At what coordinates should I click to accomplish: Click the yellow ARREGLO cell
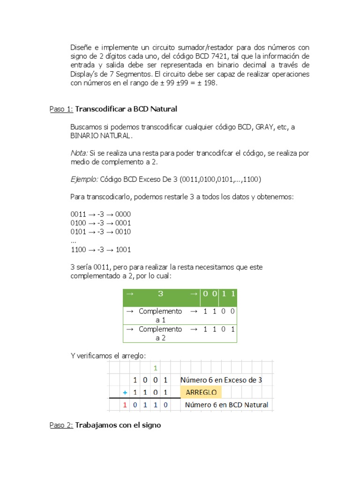(x=201, y=392)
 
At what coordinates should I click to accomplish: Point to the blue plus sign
(x=125, y=392)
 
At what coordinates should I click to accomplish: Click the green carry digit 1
(x=155, y=367)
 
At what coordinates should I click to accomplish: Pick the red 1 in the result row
(x=125, y=405)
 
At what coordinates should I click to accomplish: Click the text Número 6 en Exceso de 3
(x=221, y=380)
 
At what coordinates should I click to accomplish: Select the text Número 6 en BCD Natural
(x=227, y=405)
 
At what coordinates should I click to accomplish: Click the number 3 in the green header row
(x=160, y=294)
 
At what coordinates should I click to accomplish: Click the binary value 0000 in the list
(x=123, y=214)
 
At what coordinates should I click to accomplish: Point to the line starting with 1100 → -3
(x=100, y=249)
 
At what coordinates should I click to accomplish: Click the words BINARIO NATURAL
(x=101, y=136)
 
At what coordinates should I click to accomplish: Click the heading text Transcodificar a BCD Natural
(x=126, y=109)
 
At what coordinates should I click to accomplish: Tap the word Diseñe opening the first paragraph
(x=80, y=48)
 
